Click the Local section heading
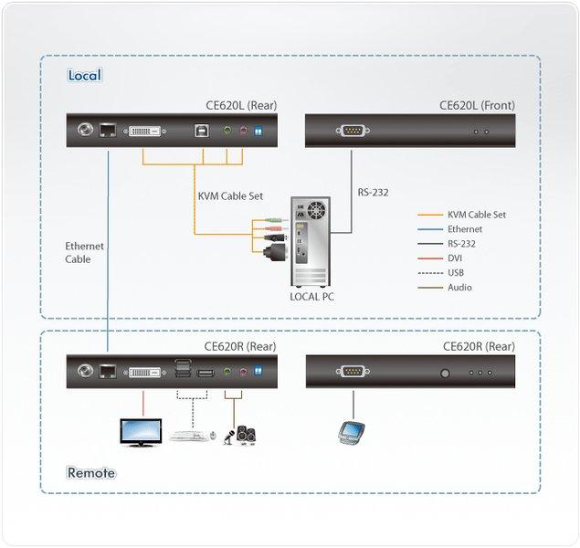point(84,75)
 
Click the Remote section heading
point(91,472)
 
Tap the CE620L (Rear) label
point(241,105)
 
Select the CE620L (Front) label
point(477,105)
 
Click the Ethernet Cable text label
point(84,252)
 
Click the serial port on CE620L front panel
point(353,131)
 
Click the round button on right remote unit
point(446,373)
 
